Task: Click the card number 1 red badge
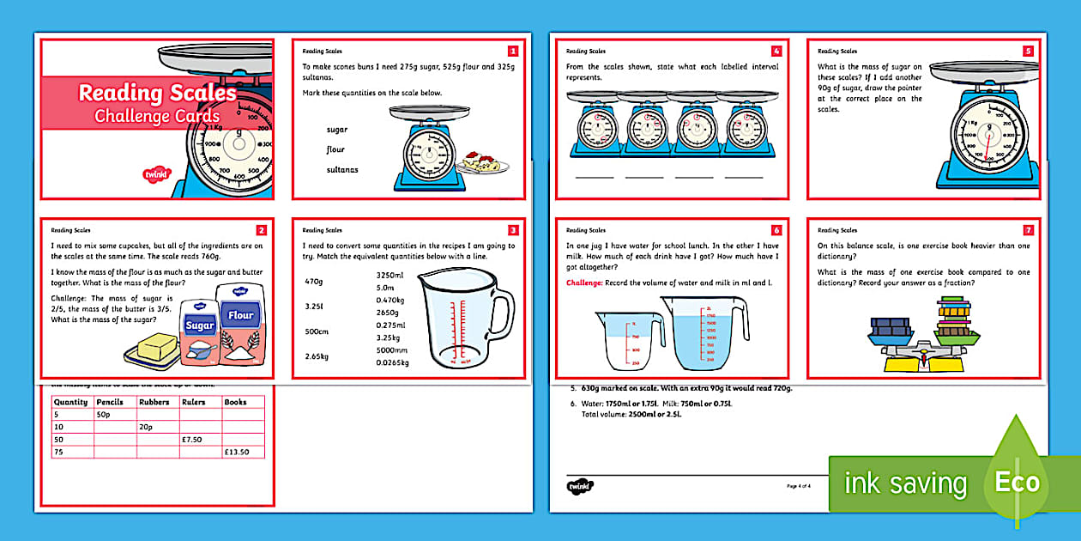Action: [x=513, y=51]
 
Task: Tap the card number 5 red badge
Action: [x=1029, y=51]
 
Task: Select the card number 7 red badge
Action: [x=1029, y=230]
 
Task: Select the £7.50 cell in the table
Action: [x=200, y=439]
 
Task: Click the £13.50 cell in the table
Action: [x=243, y=452]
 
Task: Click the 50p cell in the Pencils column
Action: [x=114, y=414]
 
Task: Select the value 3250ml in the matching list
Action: [x=391, y=275]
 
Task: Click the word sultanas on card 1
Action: [x=342, y=170]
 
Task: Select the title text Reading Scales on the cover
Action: [x=157, y=93]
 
